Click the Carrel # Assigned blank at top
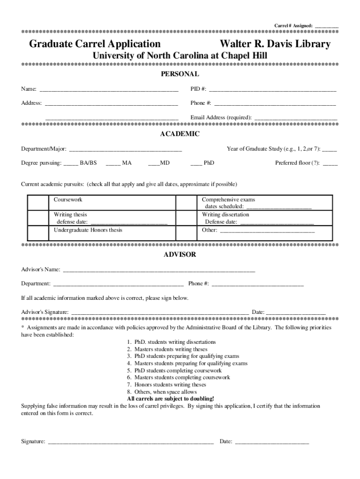click(326, 25)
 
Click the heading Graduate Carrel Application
click(95, 44)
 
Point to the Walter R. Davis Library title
click(275, 44)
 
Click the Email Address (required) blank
click(295, 117)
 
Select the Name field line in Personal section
click(108, 89)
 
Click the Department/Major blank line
click(125, 149)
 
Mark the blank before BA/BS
click(71, 163)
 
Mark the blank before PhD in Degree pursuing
click(196, 163)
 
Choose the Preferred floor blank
click(330, 163)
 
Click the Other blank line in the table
click(267, 230)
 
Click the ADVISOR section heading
click(180, 255)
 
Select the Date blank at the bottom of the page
click(271, 441)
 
